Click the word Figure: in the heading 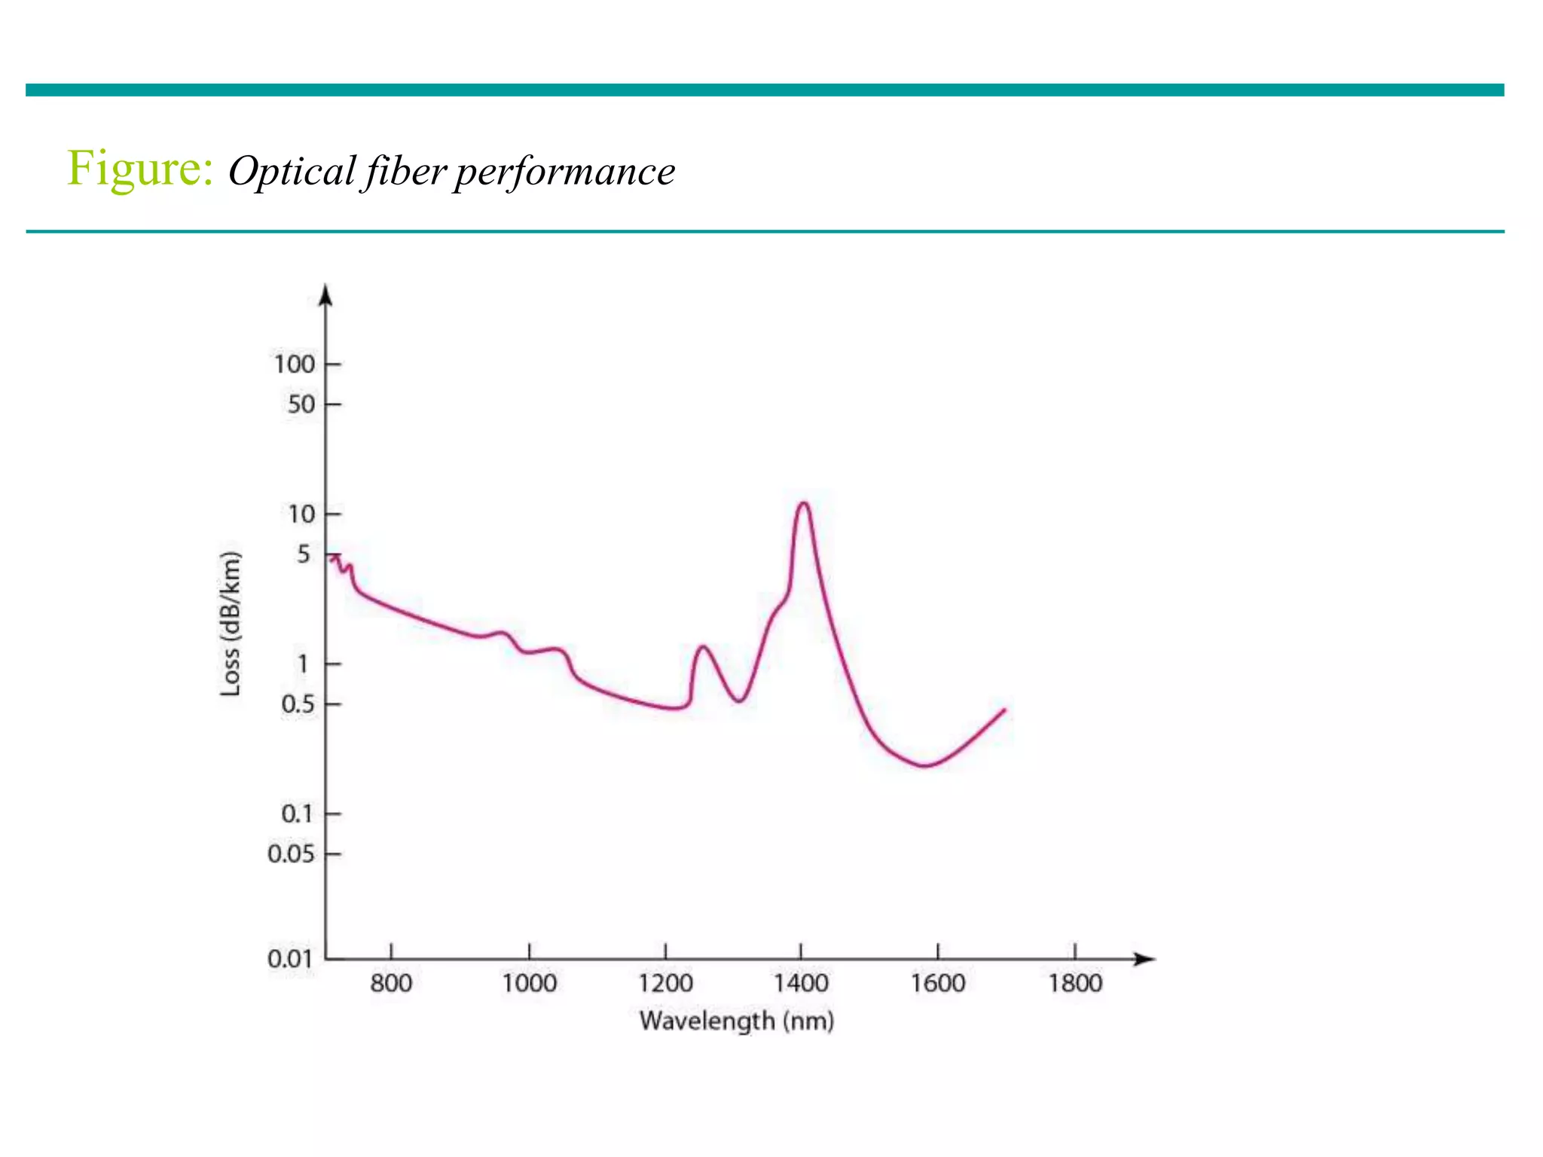(140, 169)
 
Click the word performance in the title (564, 172)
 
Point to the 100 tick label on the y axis (294, 365)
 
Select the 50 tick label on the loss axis (301, 404)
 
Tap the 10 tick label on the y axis (301, 514)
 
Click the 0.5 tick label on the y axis (297, 704)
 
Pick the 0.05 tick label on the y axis (290, 854)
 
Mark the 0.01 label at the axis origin (289, 959)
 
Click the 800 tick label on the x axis (391, 983)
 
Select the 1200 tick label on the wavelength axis (665, 983)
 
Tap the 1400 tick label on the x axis (801, 983)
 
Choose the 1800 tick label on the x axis (1075, 983)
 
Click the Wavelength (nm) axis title (736, 1021)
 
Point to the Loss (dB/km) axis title (231, 624)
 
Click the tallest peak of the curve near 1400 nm (803, 503)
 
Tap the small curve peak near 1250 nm (703, 647)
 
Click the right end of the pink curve (1004, 710)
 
